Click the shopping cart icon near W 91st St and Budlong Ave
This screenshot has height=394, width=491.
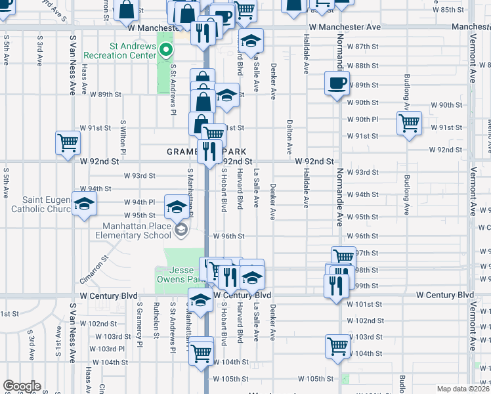tap(409, 123)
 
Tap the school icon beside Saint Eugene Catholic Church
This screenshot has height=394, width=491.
tap(83, 205)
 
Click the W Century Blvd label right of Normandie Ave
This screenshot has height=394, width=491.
tap(444, 295)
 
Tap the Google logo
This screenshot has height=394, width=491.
tap(22, 386)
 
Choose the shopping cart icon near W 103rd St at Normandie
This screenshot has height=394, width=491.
tap(338, 345)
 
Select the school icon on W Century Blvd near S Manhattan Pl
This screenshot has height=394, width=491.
tap(201, 300)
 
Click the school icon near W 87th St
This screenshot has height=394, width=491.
tap(250, 41)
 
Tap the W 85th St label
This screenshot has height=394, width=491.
tap(451, 10)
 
